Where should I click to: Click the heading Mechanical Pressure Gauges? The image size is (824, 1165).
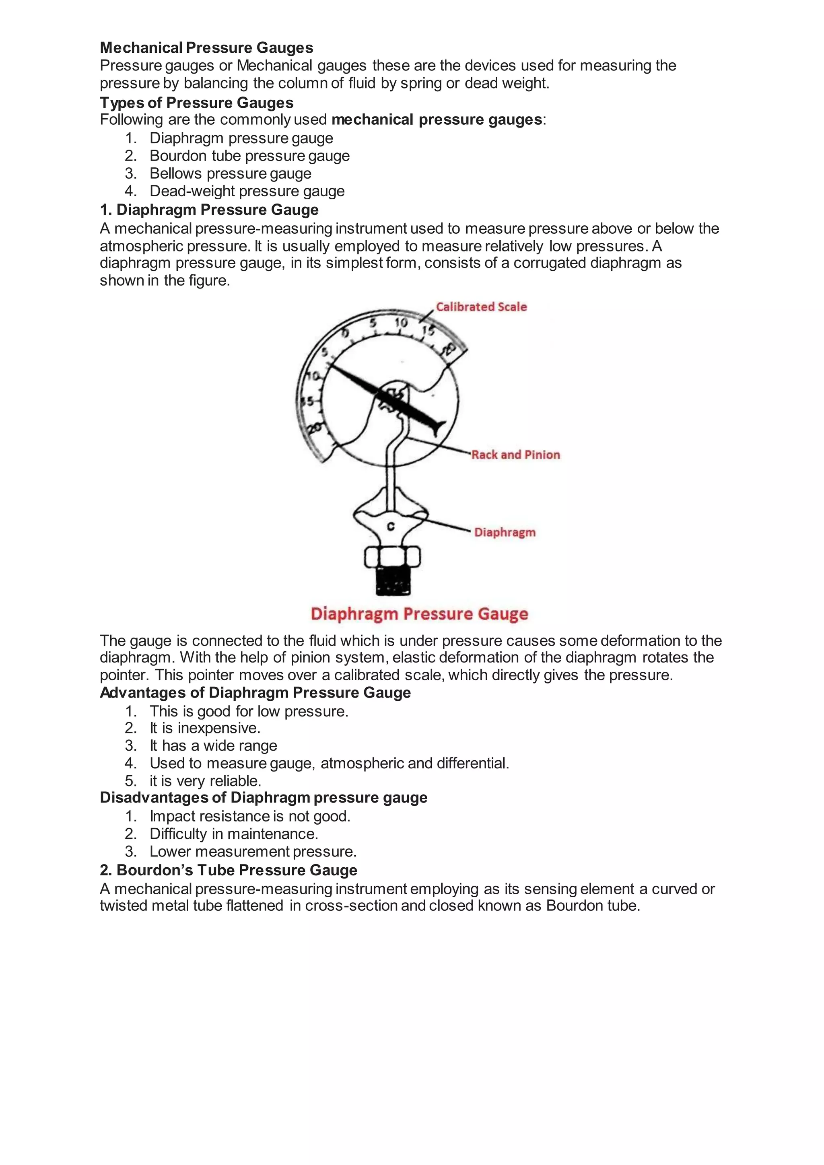click(x=206, y=48)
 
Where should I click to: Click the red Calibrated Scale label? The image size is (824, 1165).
click(x=481, y=307)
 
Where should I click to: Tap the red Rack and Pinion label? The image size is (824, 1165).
click(x=515, y=455)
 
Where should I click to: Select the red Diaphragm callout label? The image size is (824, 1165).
click(x=505, y=532)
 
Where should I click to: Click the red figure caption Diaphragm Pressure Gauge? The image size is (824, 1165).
click(x=419, y=614)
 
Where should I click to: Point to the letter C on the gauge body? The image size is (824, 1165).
click(x=391, y=527)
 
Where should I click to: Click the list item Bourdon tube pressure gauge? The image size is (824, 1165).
click(x=249, y=156)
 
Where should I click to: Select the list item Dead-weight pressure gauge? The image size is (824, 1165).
click(x=247, y=191)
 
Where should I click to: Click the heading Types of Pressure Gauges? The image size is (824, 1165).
click(x=196, y=103)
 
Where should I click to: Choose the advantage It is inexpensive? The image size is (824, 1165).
click(x=204, y=728)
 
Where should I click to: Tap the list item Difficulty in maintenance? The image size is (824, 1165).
click(x=233, y=834)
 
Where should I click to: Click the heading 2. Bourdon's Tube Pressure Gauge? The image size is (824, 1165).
click(x=228, y=870)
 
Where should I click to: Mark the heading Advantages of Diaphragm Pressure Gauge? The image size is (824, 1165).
click(x=255, y=693)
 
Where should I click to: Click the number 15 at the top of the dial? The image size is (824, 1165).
click(x=428, y=331)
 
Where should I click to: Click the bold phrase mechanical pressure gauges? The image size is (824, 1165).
click(x=437, y=120)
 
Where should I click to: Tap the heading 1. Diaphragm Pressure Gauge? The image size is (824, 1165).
click(x=209, y=210)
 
